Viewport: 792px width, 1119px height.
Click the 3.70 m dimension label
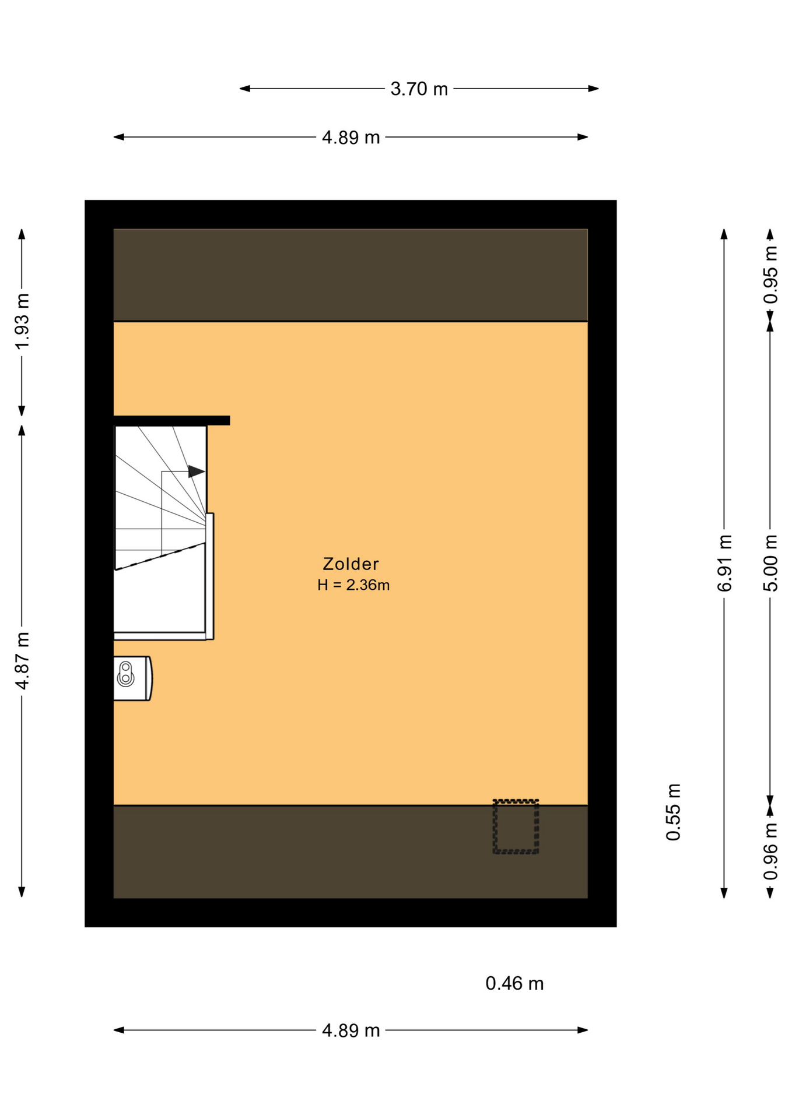419,89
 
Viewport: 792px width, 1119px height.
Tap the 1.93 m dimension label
22,322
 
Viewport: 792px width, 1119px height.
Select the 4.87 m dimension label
22,661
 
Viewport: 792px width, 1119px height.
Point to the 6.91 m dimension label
724,563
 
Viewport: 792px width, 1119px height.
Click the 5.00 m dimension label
770,563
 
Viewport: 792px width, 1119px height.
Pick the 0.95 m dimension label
770,275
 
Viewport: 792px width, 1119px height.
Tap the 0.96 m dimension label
770,851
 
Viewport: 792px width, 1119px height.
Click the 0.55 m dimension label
674,812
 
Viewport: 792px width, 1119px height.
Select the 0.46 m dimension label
514,984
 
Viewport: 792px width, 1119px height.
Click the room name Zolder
351,564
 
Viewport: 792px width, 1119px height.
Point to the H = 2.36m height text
353,585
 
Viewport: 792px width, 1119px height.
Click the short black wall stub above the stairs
171,420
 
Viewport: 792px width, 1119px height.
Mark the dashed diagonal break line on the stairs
160,557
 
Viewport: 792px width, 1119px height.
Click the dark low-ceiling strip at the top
351,275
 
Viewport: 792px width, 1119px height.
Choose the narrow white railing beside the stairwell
210,576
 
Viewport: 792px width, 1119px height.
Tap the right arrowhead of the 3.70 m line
594,89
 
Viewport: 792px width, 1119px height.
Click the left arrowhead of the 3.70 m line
245,89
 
